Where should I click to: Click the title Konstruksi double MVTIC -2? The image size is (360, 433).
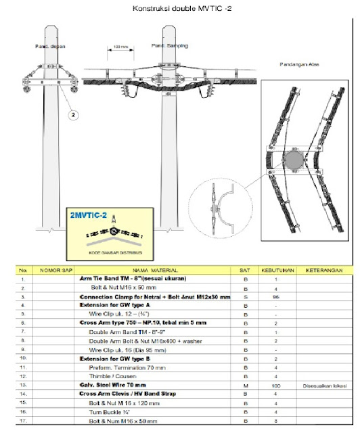tap(180, 8)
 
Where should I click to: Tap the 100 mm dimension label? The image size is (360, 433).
tap(120, 47)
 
